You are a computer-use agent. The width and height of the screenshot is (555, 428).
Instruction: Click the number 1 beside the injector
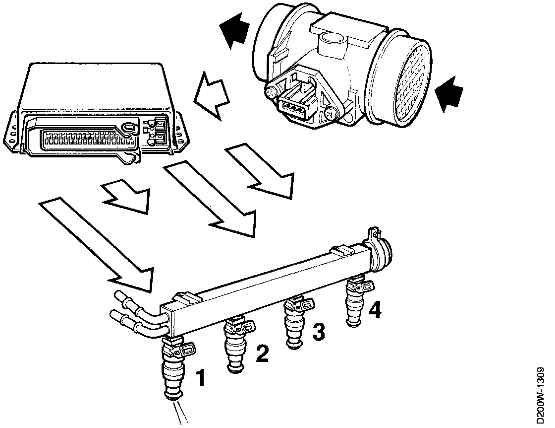(x=201, y=377)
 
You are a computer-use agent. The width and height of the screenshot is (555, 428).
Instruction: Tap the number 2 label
(x=262, y=353)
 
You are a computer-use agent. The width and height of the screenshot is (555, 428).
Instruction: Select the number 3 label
(x=319, y=332)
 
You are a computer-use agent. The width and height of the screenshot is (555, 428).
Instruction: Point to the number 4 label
(x=375, y=311)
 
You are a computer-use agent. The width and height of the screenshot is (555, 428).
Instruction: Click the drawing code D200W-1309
(x=541, y=394)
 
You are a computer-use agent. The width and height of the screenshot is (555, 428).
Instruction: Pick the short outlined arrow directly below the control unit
(x=126, y=196)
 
